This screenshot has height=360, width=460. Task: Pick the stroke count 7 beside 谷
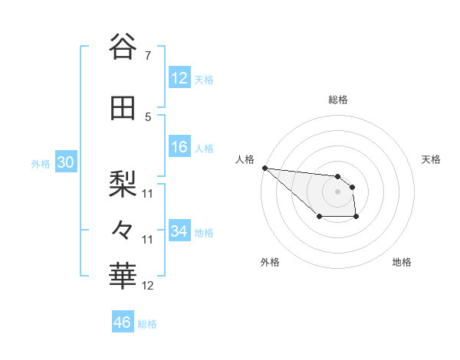[147, 56]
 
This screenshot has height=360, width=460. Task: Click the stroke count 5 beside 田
[147, 117]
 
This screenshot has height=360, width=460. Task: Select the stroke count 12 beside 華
[148, 286]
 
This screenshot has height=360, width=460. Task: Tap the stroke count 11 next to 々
[148, 240]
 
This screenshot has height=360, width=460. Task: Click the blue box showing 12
[179, 78]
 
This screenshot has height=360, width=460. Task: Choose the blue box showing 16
[179, 147]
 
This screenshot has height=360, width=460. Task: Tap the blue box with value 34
[179, 231]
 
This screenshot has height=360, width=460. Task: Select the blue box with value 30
[65, 162]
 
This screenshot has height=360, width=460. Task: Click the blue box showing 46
[123, 322]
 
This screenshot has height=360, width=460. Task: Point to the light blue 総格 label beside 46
[147, 324]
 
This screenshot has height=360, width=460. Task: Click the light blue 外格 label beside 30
[41, 164]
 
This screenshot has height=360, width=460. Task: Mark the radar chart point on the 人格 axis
[264, 168]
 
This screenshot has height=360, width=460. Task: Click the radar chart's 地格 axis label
[402, 263]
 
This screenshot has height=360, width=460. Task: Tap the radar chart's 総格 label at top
[337, 100]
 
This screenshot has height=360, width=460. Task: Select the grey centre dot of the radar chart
[337, 191]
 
